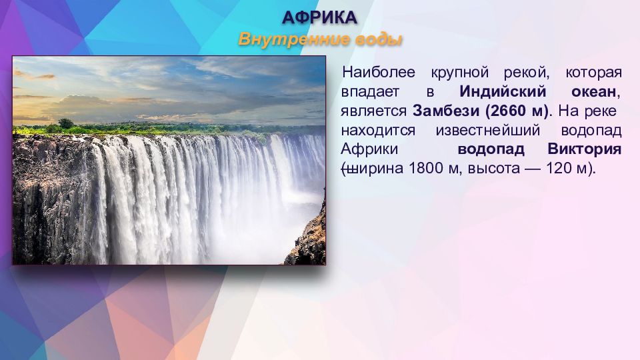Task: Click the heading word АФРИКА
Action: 319,17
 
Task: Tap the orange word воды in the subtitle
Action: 379,39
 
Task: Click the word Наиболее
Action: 379,72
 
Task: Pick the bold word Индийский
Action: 503,91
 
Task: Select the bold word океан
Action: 593,92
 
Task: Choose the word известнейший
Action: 488,130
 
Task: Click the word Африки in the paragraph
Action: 369,149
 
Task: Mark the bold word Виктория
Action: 585,149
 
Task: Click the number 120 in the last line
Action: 559,168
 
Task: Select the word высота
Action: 494,169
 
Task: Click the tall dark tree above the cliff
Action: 66,124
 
